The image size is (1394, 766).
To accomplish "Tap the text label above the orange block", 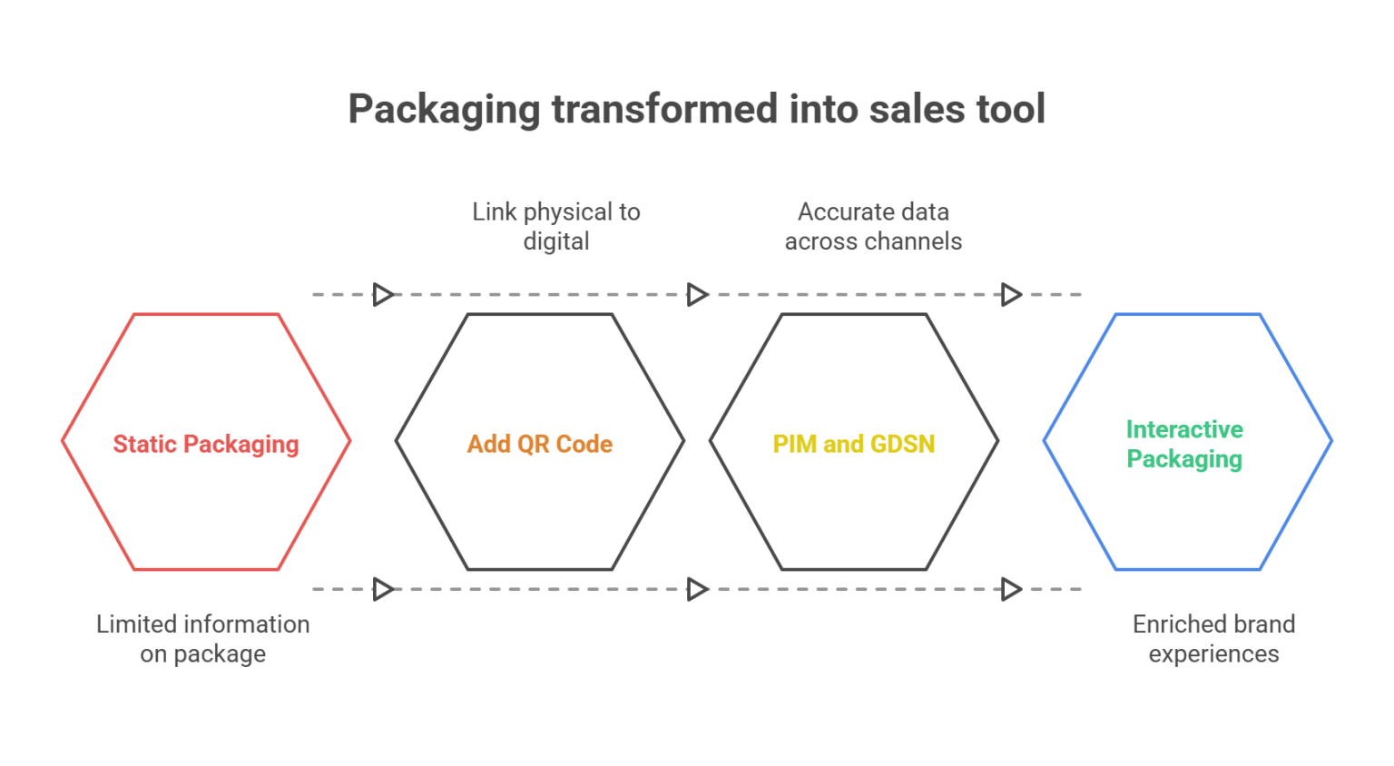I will (556, 231).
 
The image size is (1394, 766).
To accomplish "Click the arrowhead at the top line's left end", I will (385, 291).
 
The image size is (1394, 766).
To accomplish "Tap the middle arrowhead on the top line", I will (697, 291).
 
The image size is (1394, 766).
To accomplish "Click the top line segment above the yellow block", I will (853, 293).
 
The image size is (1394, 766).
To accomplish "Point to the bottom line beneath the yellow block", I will (853, 590).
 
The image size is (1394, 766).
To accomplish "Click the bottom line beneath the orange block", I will (517, 590).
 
